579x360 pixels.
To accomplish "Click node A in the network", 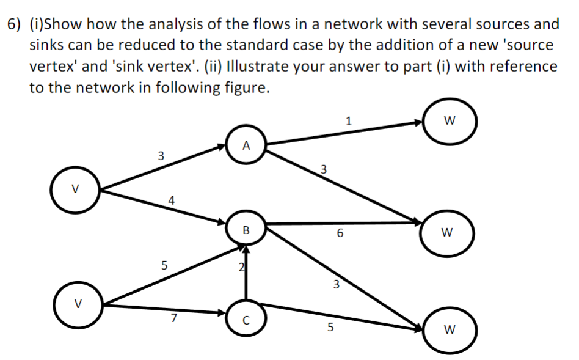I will [246, 145].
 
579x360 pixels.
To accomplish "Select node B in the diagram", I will [246, 230].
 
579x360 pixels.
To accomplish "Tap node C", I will [246, 317].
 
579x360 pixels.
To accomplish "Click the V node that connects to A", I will [76, 188].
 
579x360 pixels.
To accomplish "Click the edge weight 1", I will [348, 120].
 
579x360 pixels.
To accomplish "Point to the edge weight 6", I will [340, 234].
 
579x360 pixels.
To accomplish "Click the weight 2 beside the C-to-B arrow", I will [241, 266].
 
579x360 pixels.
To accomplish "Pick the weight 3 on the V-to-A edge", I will [161, 155].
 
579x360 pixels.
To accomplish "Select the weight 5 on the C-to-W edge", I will [330, 328].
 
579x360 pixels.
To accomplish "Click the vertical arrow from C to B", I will [246, 275].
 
